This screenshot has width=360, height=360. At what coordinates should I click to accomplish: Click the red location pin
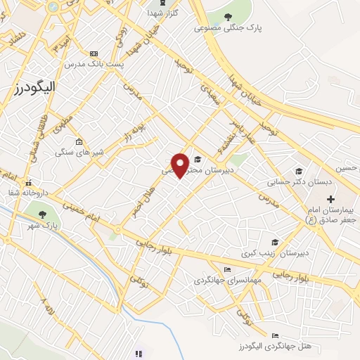point(180,165)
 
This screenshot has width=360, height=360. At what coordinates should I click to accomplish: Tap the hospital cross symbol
point(330,200)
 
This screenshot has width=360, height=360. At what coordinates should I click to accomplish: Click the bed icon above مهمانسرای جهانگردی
point(226,269)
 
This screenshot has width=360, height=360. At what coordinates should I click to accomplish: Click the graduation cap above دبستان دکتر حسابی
point(298,172)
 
